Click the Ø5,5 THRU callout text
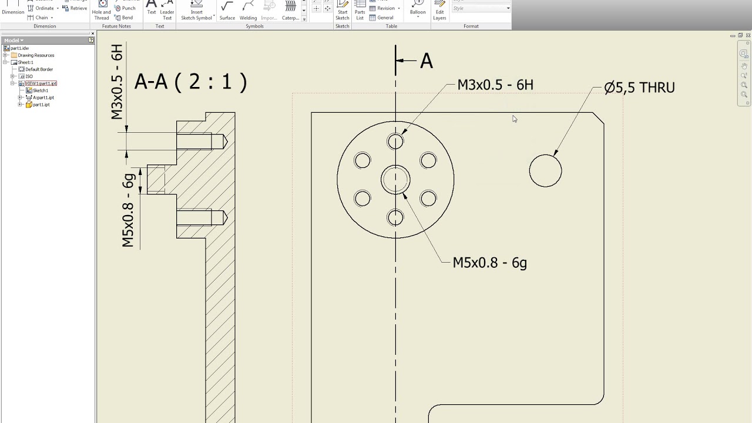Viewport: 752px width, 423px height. coord(639,88)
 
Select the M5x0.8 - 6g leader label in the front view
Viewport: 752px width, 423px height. coord(489,263)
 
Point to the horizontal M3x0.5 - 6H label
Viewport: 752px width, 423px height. coord(495,85)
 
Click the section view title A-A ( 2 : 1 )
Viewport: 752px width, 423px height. coord(190,82)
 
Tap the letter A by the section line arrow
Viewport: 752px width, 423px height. coord(427,61)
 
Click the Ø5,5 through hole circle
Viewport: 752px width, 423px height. coord(545,171)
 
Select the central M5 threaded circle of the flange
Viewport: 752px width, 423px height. coord(395,180)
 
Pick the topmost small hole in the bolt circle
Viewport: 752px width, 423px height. coord(395,142)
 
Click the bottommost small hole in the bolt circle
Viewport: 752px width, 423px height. coord(395,218)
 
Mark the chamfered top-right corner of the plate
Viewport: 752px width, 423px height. coord(599,118)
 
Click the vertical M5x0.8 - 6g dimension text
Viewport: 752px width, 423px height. coord(129,208)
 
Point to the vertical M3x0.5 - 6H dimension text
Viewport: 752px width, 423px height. coord(117,82)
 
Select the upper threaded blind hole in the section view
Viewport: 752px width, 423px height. coord(200,142)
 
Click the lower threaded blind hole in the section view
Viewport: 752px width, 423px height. coord(200,217)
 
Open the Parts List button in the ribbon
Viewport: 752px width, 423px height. coord(360,12)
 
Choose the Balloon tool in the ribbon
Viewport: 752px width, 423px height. coord(418,9)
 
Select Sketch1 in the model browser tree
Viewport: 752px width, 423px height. coord(41,90)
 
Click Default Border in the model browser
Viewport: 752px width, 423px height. coord(39,69)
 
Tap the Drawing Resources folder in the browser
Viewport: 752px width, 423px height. coord(35,55)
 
